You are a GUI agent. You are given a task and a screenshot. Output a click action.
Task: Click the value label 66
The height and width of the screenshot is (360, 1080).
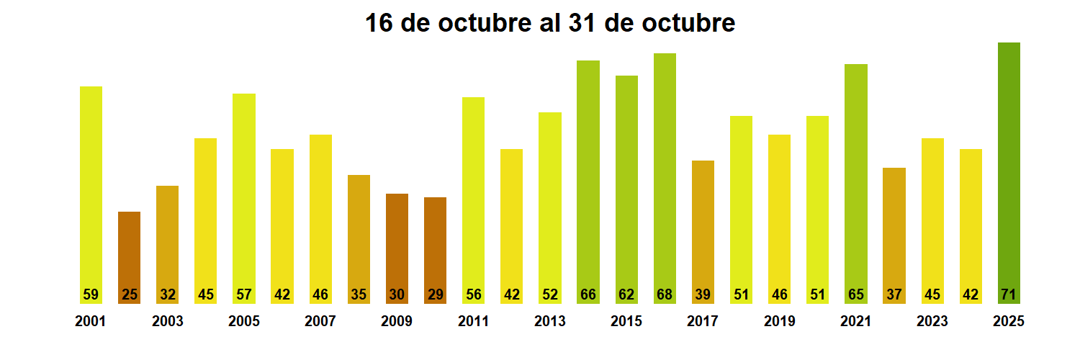pyautogui.click(x=588, y=294)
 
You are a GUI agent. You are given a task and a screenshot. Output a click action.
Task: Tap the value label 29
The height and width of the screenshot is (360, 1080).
pyautogui.click(x=435, y=294)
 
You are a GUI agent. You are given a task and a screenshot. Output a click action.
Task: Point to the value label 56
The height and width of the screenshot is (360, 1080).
pyautogui.click(x=473, y=294)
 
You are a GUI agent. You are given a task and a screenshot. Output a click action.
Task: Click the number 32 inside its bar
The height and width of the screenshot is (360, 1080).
pyautogui.click(x=167, y=294)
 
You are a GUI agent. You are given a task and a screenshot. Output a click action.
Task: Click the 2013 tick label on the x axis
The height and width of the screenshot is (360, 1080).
pyautogui.click(x=549, y=321)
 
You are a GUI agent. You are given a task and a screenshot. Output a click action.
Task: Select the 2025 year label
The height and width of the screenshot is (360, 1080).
pyautogui.click(x=1009, y=321)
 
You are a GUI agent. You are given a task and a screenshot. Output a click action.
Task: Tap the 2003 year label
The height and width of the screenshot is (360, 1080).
pyautogui.click(x=167, y=321)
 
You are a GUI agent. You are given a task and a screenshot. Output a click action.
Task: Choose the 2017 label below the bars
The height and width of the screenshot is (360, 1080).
pyautogui.click(x=703, y=321)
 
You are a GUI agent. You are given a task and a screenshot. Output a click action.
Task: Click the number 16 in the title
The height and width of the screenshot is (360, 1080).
pyautogui.click(x=379, y=23)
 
